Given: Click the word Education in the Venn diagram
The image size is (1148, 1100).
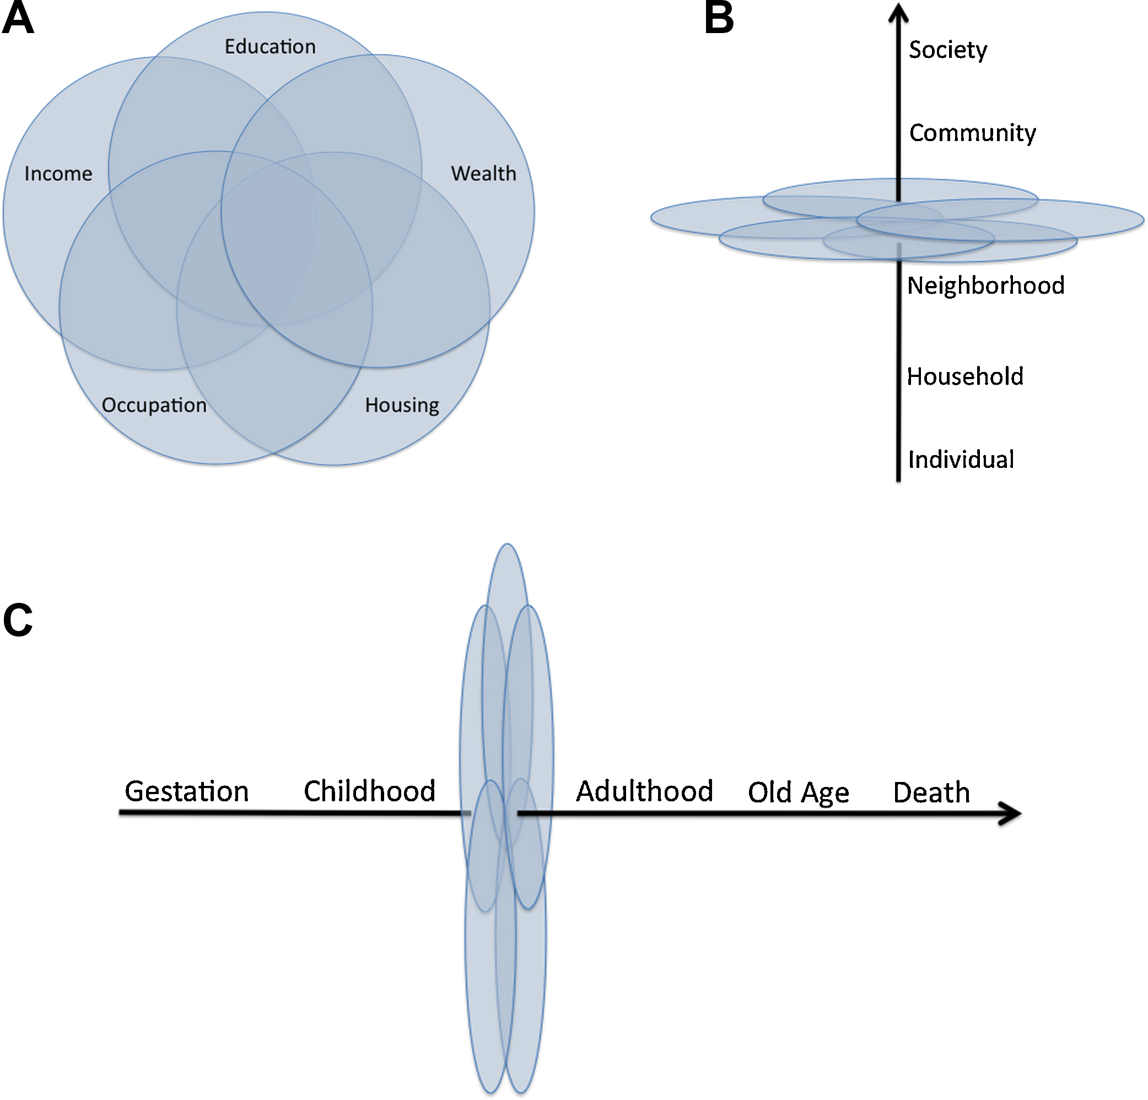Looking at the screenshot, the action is [270, 46].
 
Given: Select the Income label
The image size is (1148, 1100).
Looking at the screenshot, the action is [58, 174].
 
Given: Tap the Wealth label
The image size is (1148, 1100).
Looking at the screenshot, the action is [483, 174].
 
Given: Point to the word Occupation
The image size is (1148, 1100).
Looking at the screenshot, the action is [154, 405].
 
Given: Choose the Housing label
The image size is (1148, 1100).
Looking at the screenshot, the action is [402, 405].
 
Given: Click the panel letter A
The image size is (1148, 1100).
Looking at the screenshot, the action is [18, 18].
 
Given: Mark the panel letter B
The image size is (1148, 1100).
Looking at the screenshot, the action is [719, 18].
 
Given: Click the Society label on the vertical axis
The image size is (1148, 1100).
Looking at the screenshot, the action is [948, 50].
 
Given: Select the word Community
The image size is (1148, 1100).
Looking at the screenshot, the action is [972, 133].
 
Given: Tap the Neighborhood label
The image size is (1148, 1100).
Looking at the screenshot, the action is [986, 286].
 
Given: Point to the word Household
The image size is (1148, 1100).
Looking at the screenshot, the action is [964, 376].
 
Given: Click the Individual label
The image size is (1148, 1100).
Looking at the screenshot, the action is [961, 459].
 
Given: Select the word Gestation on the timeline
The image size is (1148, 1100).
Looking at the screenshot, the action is [187, 792].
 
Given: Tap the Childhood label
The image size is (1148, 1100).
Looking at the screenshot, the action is [370, 791].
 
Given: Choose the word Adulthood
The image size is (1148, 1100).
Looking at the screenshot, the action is [644, 791].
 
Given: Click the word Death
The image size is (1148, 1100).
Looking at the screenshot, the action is [931, 792].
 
